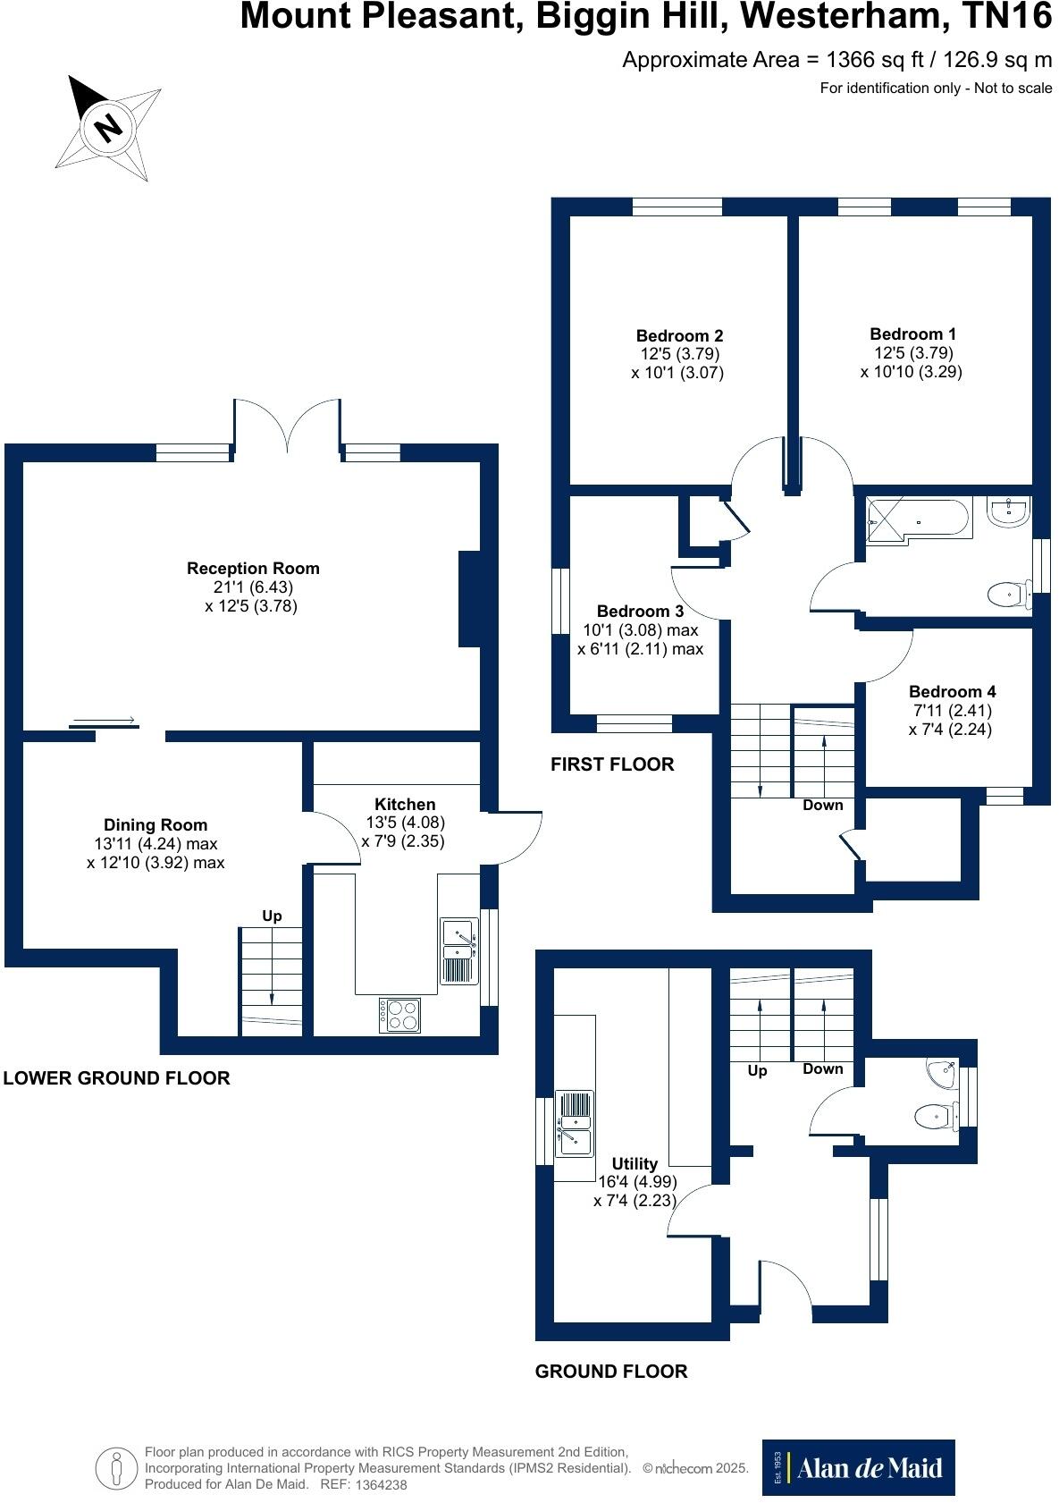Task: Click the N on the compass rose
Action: click(x=109, y=126)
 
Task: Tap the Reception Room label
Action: click(x=253, y=569)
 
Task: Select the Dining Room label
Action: click(x=155, y=825)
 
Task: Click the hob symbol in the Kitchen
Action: click(x=399, y=1015)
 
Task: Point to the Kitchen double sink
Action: click(x=458, y=950)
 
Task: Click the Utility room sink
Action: click(x=575, y=1124)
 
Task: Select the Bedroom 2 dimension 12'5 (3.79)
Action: click(x=679, y=354)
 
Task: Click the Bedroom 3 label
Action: click(x=640, y=612)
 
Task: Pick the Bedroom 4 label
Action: click(x=952, y=692)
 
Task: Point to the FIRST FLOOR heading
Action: click(x=612, y=764)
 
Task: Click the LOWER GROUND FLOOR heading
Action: click(x=117, y=1078)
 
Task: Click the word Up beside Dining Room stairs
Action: click(x=272, y=916)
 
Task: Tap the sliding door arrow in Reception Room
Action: click(x=103, y=720)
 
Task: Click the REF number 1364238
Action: click(x=381, y=1484)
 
